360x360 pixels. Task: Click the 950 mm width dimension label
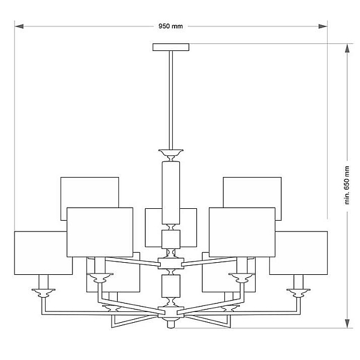(170, 26)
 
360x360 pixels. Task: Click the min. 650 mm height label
(347, 185)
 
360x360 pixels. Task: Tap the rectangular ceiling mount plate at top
(171, 47)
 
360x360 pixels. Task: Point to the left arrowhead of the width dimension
(19, 26)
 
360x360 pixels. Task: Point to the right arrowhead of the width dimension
(323, 26)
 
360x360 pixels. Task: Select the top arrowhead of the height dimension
(347, 48)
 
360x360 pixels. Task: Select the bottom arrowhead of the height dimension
(347, 323)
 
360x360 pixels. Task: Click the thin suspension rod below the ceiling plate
(171, 100)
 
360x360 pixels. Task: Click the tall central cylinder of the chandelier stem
(171, 193)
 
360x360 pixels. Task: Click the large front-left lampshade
(100, 232)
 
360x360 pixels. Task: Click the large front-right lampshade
(242, 232)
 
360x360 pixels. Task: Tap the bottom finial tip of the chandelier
(171, 324)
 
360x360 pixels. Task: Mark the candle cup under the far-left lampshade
(43, 293)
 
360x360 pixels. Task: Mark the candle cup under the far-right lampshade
(298, 293)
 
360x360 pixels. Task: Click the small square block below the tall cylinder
(171, 239)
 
